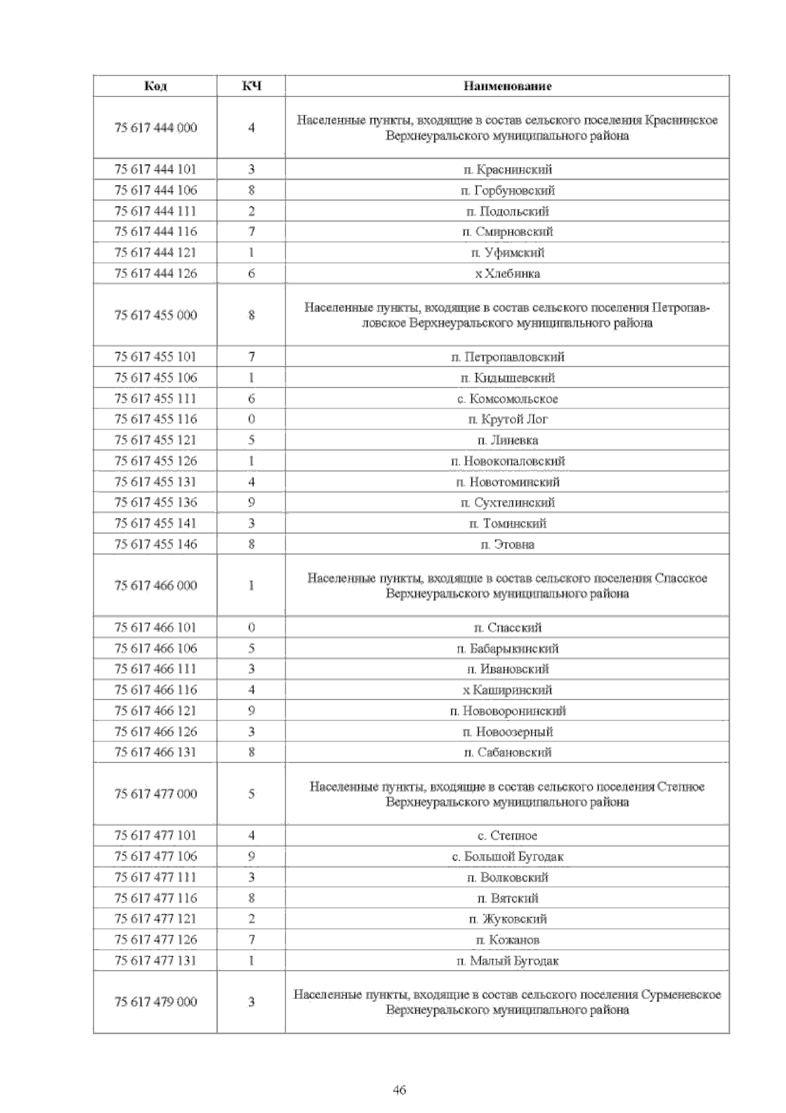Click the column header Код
155,86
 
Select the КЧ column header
252,86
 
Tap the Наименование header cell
508,86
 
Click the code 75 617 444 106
155,190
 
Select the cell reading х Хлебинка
508,273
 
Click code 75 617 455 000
155,315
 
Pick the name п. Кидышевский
508,378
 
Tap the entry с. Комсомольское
508,399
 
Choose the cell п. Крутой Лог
508,419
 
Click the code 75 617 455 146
155,544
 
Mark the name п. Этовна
508,544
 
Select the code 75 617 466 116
155,690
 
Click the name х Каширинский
508,690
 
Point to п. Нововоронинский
508,711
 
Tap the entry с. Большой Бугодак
508,856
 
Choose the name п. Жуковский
508,918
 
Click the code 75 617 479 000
155,1002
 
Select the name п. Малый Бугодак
508,960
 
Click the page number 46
400,1090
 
